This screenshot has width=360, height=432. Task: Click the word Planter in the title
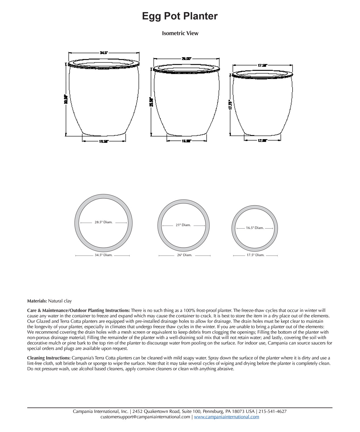pyautogui.click(x=200, y=16)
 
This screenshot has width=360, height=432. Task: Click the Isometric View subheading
pyautogui.click(x=180, y=33)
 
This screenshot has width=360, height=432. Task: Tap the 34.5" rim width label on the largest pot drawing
pyautogui.click(x=104, y=53)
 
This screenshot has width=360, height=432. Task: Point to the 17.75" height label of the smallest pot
pyautogui.click(x=230, y=105)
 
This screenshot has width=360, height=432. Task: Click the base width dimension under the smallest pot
pyautogui.click(x=262, y=140)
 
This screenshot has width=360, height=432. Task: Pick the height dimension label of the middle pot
pyautogui.click(x=151, y=102)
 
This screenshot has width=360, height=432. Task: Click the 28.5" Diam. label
pyautogui.click(x=103, y=222)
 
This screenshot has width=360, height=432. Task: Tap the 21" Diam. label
pyautogui.click(x=183, y=225)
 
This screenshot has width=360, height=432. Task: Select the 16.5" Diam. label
pyautogui.click(x=255, y=228)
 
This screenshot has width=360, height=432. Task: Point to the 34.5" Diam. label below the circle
pyautogui.click(x=103, y=255)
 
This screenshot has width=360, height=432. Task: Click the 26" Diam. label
pyautogui.click(x=184, y=255)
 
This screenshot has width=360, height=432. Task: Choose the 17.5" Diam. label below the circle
pyautogui.click(x=255, y=255)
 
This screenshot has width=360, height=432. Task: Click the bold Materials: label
pyautogui.click(x=37, y=301)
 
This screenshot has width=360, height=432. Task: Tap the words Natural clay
pyautogui.click(x=60, y=301)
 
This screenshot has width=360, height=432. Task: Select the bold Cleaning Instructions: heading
pyautogui.click(x=49, y=358)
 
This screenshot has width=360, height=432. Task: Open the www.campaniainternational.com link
pyautogui.click(x=226, y=417)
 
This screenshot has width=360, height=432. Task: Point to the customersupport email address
pyautogui.click(x=145, y=417)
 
